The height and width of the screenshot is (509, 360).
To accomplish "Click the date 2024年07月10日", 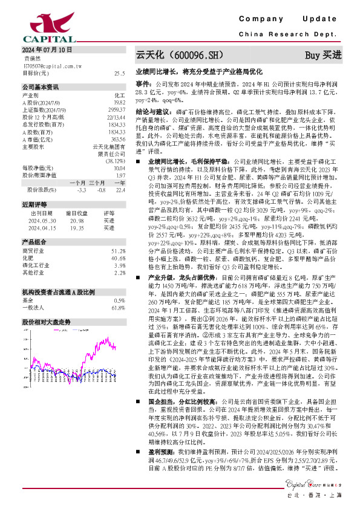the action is tap(47, 50).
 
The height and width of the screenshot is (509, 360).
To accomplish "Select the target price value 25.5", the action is tap(119, 73).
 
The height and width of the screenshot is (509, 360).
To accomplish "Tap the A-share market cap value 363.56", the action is tap(118, 139).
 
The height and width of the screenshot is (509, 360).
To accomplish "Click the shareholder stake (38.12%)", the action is tap(116, 161).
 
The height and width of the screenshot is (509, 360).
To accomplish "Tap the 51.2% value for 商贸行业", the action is tap(118, 250).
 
